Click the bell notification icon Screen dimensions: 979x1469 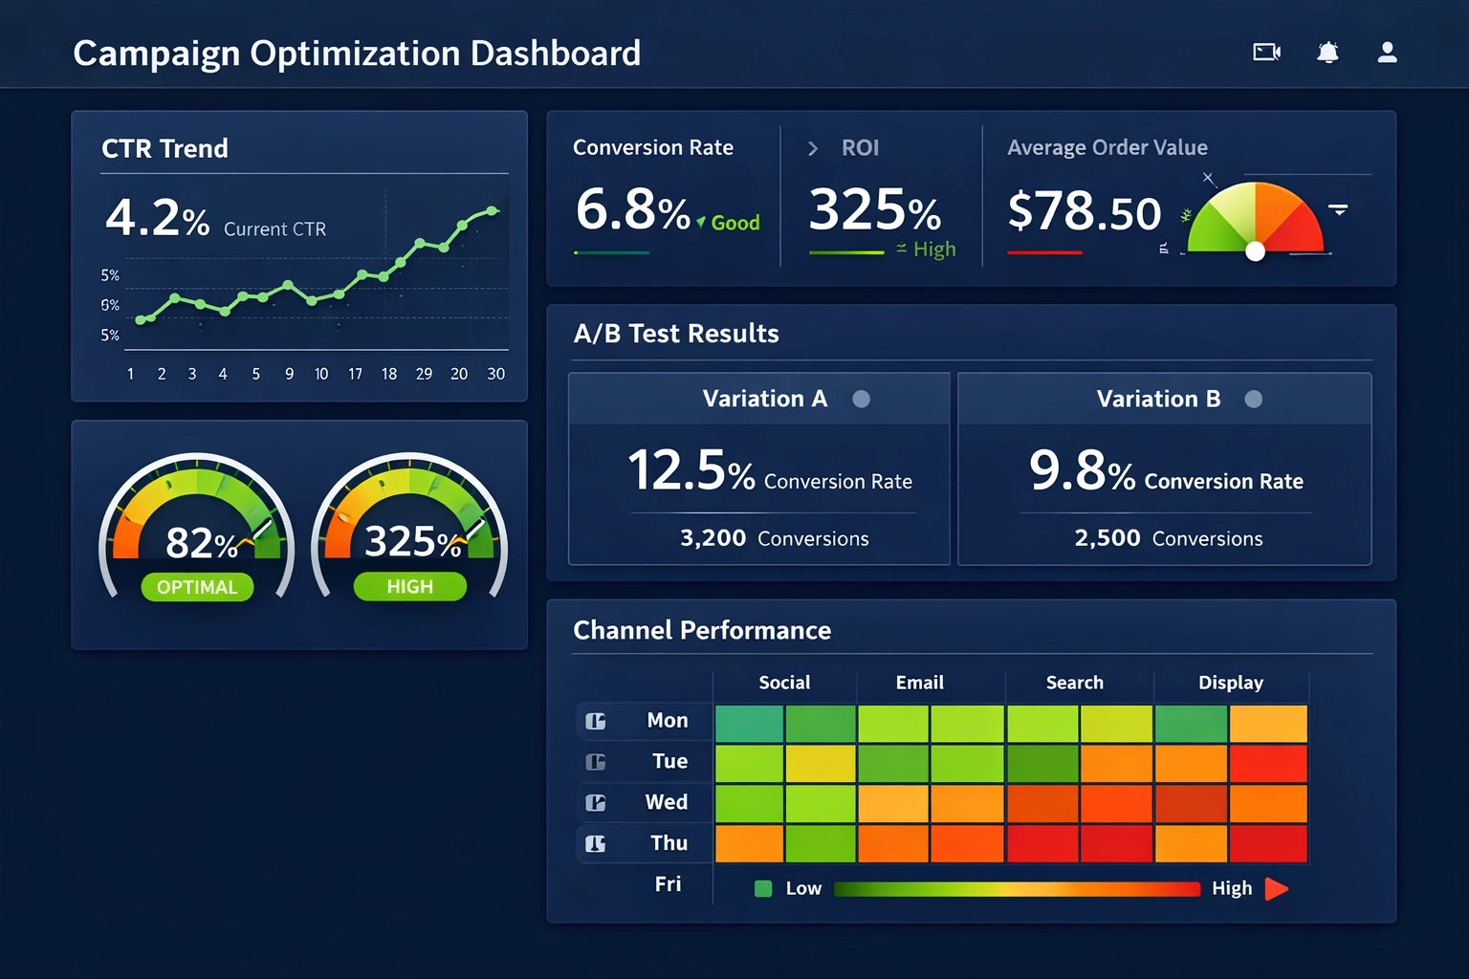[x=1327, y=53]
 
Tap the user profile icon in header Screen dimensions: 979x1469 [x=1387, y=53]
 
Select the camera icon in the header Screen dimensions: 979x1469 [x=1266, y=53]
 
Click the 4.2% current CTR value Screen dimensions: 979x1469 [x=157, y=217]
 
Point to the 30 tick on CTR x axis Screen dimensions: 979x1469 [x=495, y=374]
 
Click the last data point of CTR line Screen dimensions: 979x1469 [x=493, y=210]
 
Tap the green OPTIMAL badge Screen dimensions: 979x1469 [x=197, y=587]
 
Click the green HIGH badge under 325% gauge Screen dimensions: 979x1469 [x=409, y=587]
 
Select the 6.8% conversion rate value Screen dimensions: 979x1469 [x=632, y=209]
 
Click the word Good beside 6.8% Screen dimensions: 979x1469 [x=734, y=223]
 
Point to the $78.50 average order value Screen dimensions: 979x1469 [x=1084, y=211]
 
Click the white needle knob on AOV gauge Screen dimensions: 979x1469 [x=1256, y=251]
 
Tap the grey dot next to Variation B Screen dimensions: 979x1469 [x=1253, y=400]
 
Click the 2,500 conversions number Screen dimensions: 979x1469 [x=1107, y=538]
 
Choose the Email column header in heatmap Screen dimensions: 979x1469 [x=919, y=683]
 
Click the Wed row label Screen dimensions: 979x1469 [x=666, y=802]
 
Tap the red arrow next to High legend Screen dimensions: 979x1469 [x=1276, y=889]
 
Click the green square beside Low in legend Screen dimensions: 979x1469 [x=763, y=889]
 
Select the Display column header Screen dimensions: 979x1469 [x=1230, y=683]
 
